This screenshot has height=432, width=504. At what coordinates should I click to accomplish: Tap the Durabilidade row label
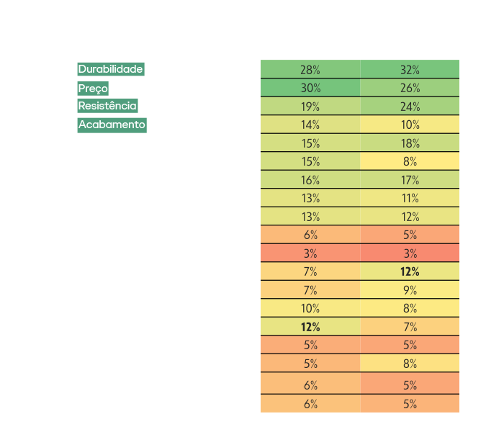(x=111, y=69)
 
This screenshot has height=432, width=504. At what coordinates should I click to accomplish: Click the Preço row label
(x=93, y=88)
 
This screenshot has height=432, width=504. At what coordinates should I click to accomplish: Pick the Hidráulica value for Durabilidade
(x=410, y=70)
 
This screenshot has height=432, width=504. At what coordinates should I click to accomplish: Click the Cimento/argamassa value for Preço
(x=310, y=88)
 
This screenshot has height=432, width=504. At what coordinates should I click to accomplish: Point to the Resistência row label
(x=107, y=106)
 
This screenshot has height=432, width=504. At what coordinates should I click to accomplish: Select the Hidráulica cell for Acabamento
(x=410, y=125)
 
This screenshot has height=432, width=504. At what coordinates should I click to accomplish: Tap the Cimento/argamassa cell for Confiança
(x=310, y=179)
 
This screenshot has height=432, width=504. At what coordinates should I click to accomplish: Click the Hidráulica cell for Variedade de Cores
(x=410, y=253)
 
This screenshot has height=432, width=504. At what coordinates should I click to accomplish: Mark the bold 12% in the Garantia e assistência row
(x=410, y=271)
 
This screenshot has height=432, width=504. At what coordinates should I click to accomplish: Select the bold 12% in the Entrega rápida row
(x=310, y=327)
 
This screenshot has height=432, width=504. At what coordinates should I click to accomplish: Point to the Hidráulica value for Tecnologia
(x=410, y=364)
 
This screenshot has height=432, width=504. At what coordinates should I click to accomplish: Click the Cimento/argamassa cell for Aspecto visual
(x=310, y=235)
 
